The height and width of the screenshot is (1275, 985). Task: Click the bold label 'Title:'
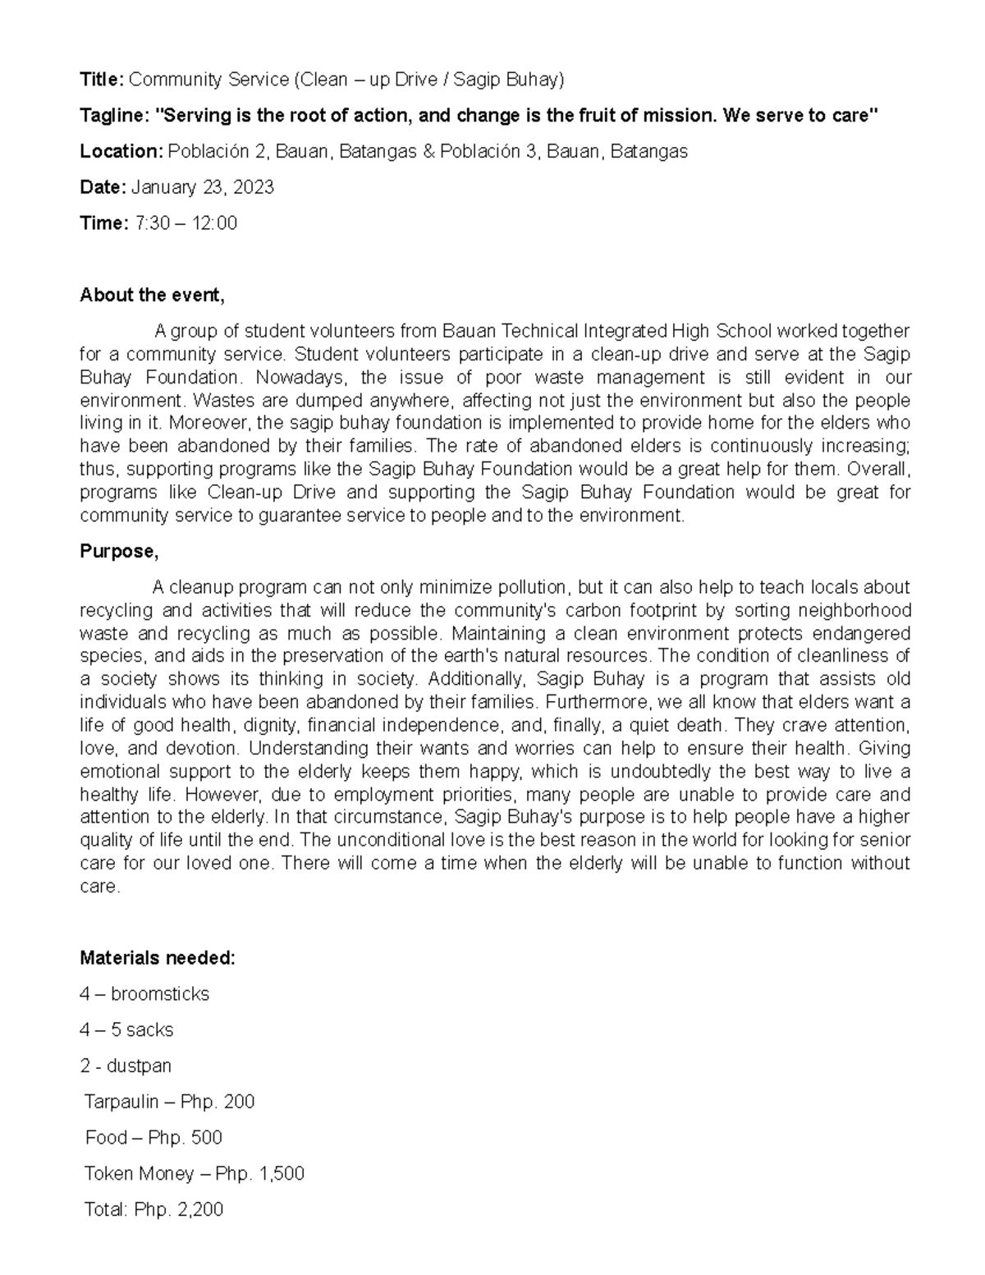click(101, 80)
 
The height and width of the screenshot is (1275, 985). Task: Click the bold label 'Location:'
click(121, 152)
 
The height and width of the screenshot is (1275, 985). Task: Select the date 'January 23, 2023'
click(202, 188)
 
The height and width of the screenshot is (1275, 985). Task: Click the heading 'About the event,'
click(152, 296)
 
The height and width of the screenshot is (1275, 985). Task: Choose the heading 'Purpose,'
click(119, 552)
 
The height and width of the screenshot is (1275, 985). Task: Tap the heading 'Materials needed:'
click(158, 958)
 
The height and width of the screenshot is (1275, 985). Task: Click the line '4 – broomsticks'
click(144, 994)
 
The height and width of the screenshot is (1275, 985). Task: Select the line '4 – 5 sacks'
click(126, 1030)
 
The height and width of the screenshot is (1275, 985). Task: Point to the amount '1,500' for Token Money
click(282, 1174)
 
